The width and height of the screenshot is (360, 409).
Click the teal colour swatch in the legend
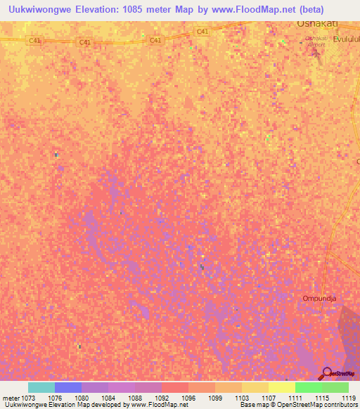41,387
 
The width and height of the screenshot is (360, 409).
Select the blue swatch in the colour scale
67,387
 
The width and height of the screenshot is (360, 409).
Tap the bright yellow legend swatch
281,387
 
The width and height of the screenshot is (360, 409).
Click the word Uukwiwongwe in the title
39,8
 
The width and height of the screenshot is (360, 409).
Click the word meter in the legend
11,397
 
